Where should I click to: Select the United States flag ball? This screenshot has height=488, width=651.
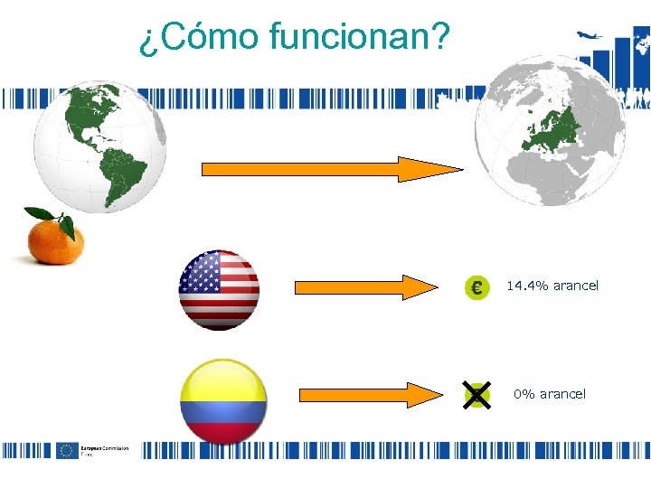click(x=220, y=290)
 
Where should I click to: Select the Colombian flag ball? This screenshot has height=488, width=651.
click(x=223, y=401)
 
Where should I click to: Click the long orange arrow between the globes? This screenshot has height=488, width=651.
click(x=331, y=169)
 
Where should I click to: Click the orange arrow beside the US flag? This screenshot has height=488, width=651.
click(x=366, y=287)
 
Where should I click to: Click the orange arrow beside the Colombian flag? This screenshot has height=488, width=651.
click(x=368, y=395)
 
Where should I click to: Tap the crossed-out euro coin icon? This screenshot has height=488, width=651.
click(x=476, y=395)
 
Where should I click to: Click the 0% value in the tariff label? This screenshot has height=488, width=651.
click(x=524, y=394)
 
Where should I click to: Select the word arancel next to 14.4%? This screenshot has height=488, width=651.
click(x=576, y=286)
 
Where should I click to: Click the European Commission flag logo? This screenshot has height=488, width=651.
click(x=66, y=450)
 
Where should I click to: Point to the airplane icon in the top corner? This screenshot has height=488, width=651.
click(x=590, y=36)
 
